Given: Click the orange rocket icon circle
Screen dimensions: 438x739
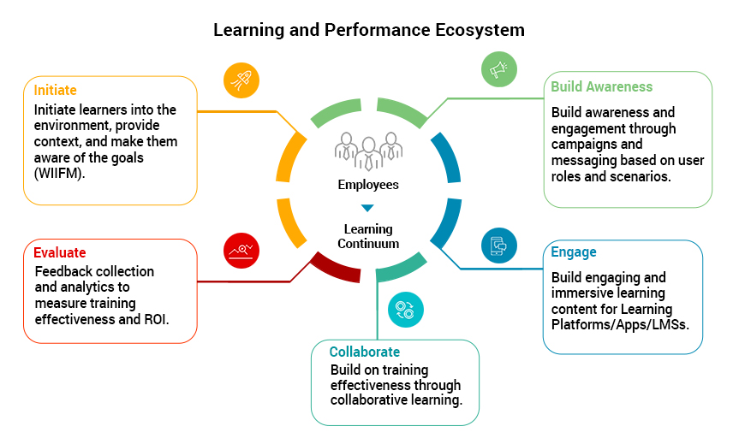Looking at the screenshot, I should [241, 80].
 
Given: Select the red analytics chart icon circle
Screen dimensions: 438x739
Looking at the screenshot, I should [241, 250].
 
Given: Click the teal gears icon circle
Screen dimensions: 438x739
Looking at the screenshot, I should [405, 310].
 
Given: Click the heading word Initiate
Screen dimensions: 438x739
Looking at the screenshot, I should [56, 90].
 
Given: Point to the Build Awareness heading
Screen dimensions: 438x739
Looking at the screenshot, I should [601, 86].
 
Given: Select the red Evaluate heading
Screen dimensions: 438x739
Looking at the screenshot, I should [60, 252].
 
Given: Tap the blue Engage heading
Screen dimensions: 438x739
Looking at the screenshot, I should [574, 252].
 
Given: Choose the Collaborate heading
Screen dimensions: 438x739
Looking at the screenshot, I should [365, 352].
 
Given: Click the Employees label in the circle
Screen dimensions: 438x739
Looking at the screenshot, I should [368, 184].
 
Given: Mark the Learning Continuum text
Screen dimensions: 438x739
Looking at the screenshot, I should [368, 236].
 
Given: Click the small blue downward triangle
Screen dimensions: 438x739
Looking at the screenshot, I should [367, 208].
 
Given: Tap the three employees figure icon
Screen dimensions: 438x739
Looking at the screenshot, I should [368, 150].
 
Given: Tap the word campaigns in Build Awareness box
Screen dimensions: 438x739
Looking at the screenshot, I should [587, 145].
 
